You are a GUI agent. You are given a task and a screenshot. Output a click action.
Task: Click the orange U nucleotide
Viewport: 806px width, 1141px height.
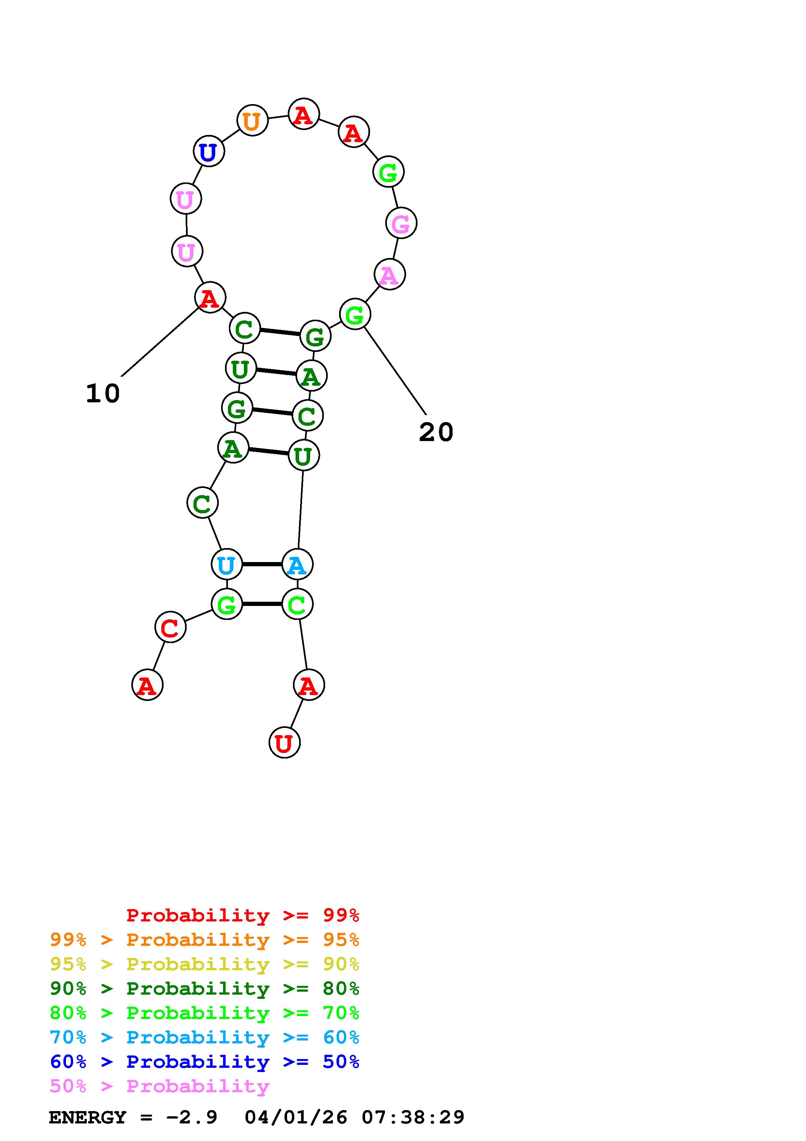252,120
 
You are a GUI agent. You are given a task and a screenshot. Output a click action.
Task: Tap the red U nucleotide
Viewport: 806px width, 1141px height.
284,743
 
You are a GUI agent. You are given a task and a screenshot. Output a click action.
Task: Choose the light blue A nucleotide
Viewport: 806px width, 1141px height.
297,565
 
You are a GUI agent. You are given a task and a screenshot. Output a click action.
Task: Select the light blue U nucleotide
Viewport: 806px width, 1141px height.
227,565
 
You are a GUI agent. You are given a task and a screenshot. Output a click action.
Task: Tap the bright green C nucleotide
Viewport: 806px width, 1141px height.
297,604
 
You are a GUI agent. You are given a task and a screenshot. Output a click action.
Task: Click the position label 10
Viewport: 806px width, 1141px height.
103,394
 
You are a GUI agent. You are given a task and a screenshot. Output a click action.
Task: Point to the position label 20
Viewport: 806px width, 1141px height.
436,432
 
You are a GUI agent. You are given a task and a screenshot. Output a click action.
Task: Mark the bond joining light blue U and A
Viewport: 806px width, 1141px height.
262,565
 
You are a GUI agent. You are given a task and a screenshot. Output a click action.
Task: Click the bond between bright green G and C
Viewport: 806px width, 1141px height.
262,604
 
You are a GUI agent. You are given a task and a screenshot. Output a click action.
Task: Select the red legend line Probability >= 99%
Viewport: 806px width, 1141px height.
242,915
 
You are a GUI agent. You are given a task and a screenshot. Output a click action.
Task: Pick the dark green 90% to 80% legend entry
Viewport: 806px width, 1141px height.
204,988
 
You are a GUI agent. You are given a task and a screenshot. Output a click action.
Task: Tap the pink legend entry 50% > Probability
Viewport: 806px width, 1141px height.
159,1086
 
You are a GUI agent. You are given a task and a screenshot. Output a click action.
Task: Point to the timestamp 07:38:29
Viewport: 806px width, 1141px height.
413,1117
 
